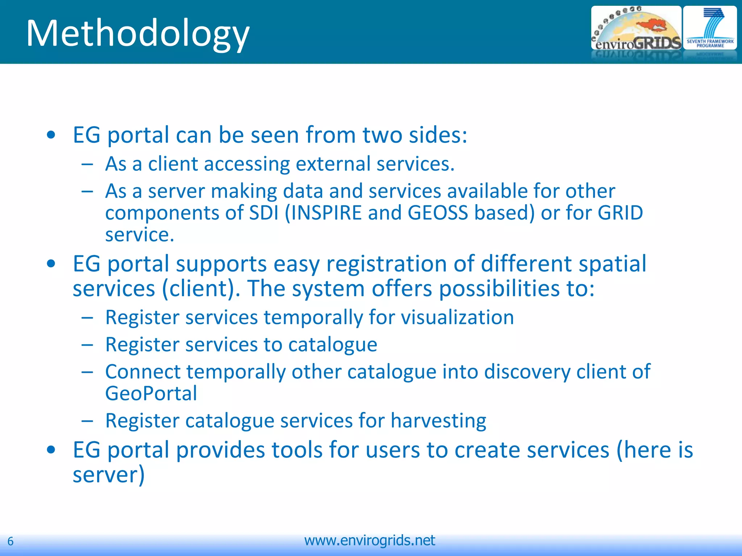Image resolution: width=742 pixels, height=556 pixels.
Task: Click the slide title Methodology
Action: click(138, 33)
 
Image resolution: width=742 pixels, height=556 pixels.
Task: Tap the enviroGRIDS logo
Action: click(636, 33)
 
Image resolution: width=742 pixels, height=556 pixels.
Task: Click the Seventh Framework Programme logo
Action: click(710, 32)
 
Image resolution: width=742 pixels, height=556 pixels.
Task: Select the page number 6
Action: click(11, 541)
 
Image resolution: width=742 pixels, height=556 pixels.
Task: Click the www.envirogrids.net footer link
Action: click(370, 540)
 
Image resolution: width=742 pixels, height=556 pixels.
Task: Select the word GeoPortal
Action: click(151, 393)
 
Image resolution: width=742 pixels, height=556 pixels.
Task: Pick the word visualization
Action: click(457, 317)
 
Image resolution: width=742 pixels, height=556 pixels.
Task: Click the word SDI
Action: click(264, 212)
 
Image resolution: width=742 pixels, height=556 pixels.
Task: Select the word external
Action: click(333, 164)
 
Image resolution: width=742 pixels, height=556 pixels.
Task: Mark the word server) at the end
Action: click(109, 475)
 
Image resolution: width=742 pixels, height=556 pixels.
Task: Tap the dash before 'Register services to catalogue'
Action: click(87, 345)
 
